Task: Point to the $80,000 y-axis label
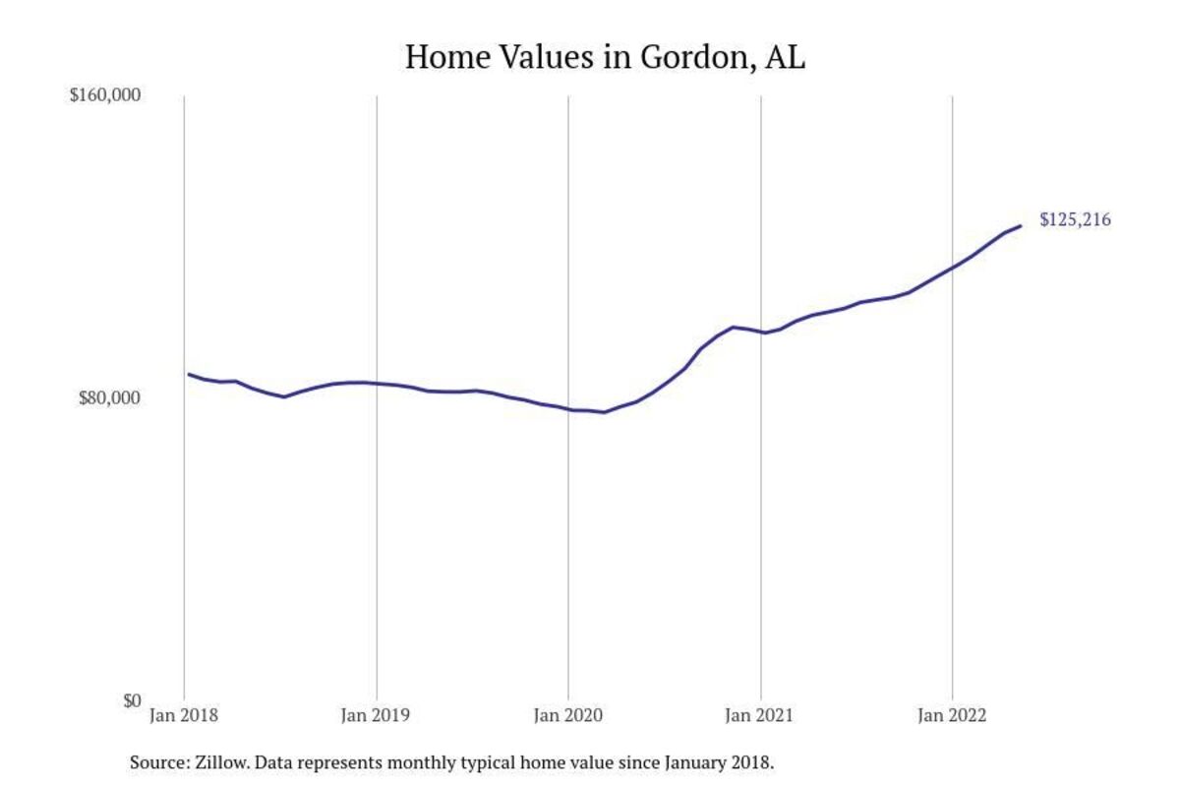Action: [x=110, y=397]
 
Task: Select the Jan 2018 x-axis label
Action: [x=184, y=716]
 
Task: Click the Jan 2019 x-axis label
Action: [x=377, y=716]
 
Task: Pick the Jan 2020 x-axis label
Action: [x=568, y=716]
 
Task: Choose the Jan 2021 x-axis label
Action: [x=760, y=716]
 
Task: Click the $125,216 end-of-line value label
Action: [x=1075, y=220]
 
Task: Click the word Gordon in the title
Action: [x=686, y=57]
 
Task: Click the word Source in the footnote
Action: [x=154, y=762]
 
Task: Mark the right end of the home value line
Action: [x=1021, y=226]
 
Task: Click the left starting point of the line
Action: [x=189, y=374]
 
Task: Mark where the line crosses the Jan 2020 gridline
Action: [x=568, y=409]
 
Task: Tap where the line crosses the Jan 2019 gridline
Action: [x=377, y=383]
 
